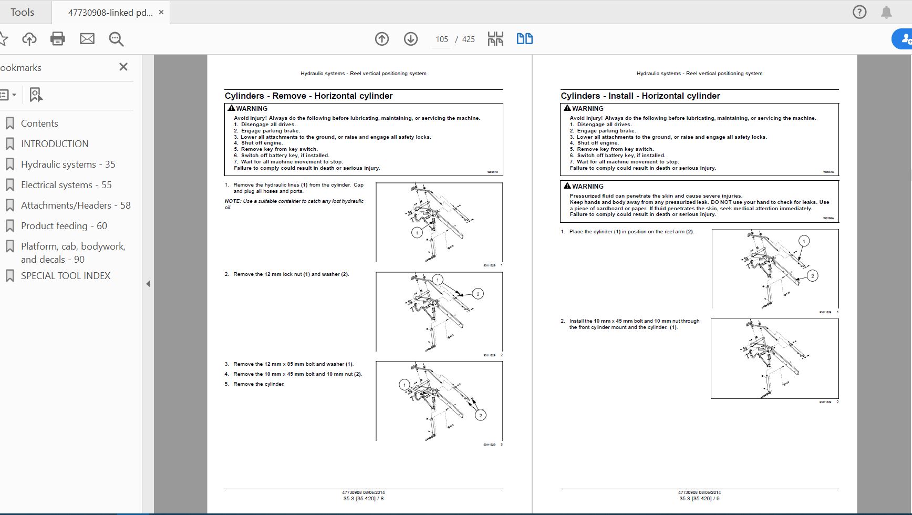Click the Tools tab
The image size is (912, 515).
[22, 12]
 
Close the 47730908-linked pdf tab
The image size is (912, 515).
[161, 12]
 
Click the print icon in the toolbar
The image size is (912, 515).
[58, 39]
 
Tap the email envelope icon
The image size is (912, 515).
[87, 39]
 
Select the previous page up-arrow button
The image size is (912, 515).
[382, 39]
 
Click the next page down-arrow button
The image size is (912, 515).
[411, 39]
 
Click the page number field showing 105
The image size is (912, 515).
[441, 39]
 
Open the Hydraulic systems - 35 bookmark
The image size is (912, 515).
[68, 164]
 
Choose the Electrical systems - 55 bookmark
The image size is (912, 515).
[66, 185]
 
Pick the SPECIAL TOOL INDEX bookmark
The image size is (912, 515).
[66, 276]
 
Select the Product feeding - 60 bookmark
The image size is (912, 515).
[64, 226]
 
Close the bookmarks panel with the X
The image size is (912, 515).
[123, 67]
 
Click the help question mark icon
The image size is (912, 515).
[859, 12]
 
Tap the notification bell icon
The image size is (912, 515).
[886, 12]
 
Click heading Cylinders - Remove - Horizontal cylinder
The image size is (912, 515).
[308, 96]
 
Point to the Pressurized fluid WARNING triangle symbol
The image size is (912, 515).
[567, 186]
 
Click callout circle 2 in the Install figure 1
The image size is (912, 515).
[812, 276]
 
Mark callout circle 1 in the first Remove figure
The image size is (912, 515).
[417, 232]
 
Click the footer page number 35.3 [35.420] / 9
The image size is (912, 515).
[699, 499]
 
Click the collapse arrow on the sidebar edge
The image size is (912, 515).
[148, 284]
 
